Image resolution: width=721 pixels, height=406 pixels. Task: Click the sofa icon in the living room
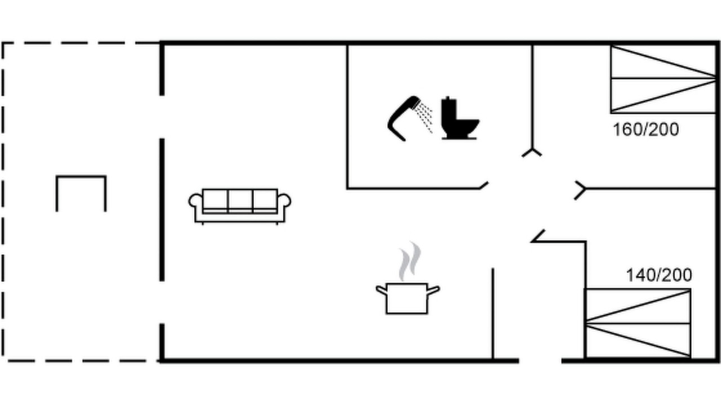click(x=240, y=206)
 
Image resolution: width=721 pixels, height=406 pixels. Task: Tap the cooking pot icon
click(x=407, y=298)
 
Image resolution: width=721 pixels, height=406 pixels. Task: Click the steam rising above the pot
click(x=410, y=261)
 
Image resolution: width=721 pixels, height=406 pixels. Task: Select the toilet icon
click(x=460, y=118)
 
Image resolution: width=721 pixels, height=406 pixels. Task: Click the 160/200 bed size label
click(x=646, y=130)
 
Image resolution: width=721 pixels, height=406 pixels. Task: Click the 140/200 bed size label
click(x=659, y=275)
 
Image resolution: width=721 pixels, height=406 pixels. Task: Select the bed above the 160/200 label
click(x=664, y=80)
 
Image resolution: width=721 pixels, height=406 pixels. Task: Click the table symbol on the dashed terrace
click(x=81, y=176)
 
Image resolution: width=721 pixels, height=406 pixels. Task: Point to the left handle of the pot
click(x=382, y=290)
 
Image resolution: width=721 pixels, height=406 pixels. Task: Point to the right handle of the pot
click(x=433, y=290)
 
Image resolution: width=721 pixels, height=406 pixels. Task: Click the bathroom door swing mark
click(x=484, y=186)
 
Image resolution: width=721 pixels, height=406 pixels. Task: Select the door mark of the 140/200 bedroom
click(x=538, y=236)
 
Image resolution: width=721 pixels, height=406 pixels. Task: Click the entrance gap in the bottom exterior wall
click(x=540, y=361)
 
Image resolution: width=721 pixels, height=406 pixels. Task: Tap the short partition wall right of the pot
click(x=493, y=313)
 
